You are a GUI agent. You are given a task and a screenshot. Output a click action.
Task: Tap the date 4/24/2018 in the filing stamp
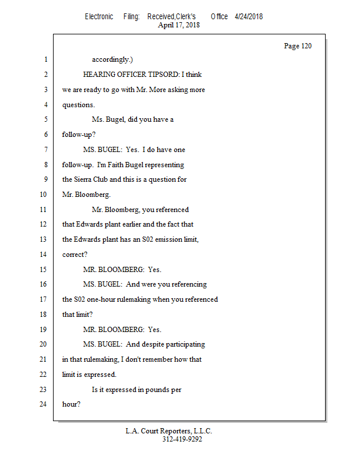[249, 16]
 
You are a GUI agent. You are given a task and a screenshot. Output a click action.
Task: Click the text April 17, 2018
[179, 25]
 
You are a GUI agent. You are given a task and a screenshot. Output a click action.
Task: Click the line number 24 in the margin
[43, 404]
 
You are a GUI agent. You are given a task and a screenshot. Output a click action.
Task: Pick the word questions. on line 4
[79, 105]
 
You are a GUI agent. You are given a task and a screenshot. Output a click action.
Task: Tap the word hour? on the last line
[71, 404]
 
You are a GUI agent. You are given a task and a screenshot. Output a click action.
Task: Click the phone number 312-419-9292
[182, 439]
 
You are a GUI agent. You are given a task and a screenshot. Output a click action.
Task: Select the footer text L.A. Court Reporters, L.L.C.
[169, 431]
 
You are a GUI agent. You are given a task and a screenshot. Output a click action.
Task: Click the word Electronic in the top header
[99, 16]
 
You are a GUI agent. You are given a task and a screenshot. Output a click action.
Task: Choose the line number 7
[44, 150]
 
